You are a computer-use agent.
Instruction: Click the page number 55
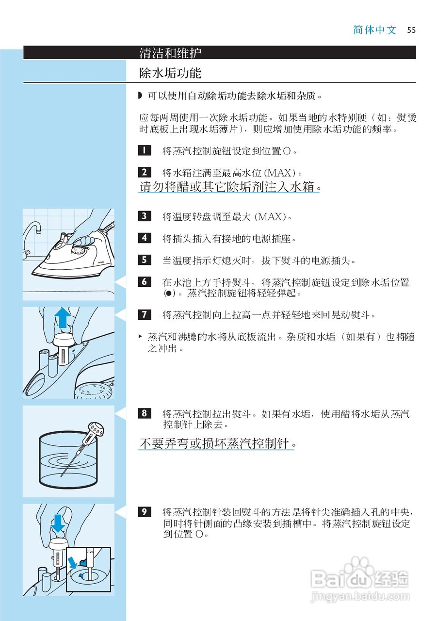pyautogui.click(x=411, y=30)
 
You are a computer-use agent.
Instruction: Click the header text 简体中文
pyautogui.click(x=375, y=30)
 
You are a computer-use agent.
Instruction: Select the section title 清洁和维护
pyautogui.click(x=170, y=52)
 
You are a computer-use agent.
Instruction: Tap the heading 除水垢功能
pyautogui.click(x=170, y=73)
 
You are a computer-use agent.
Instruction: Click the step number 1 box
pyautogui.click(x=144, y=150)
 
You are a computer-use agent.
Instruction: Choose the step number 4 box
pyautogui.click(x=144, y=238)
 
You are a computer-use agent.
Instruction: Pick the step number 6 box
pyautogui.click(x=144, y=282)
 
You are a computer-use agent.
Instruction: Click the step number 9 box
pyautogui.click(x=144, y=511)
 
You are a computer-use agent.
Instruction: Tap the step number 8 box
pyautogui.click(x=144, y=413)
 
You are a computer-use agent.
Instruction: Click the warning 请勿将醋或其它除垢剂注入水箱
pyautogui.click(x=229, y=186)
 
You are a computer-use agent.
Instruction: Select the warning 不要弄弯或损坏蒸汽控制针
pyautogui.click(x=217, y=443)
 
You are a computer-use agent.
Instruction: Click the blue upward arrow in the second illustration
pyautogui.click(x=63, y=318)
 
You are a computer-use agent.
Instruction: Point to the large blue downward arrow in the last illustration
pyautogui.click(x=58, y=523)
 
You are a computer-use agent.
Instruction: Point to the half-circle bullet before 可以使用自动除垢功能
pyautogui.click(x=141, y=96)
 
